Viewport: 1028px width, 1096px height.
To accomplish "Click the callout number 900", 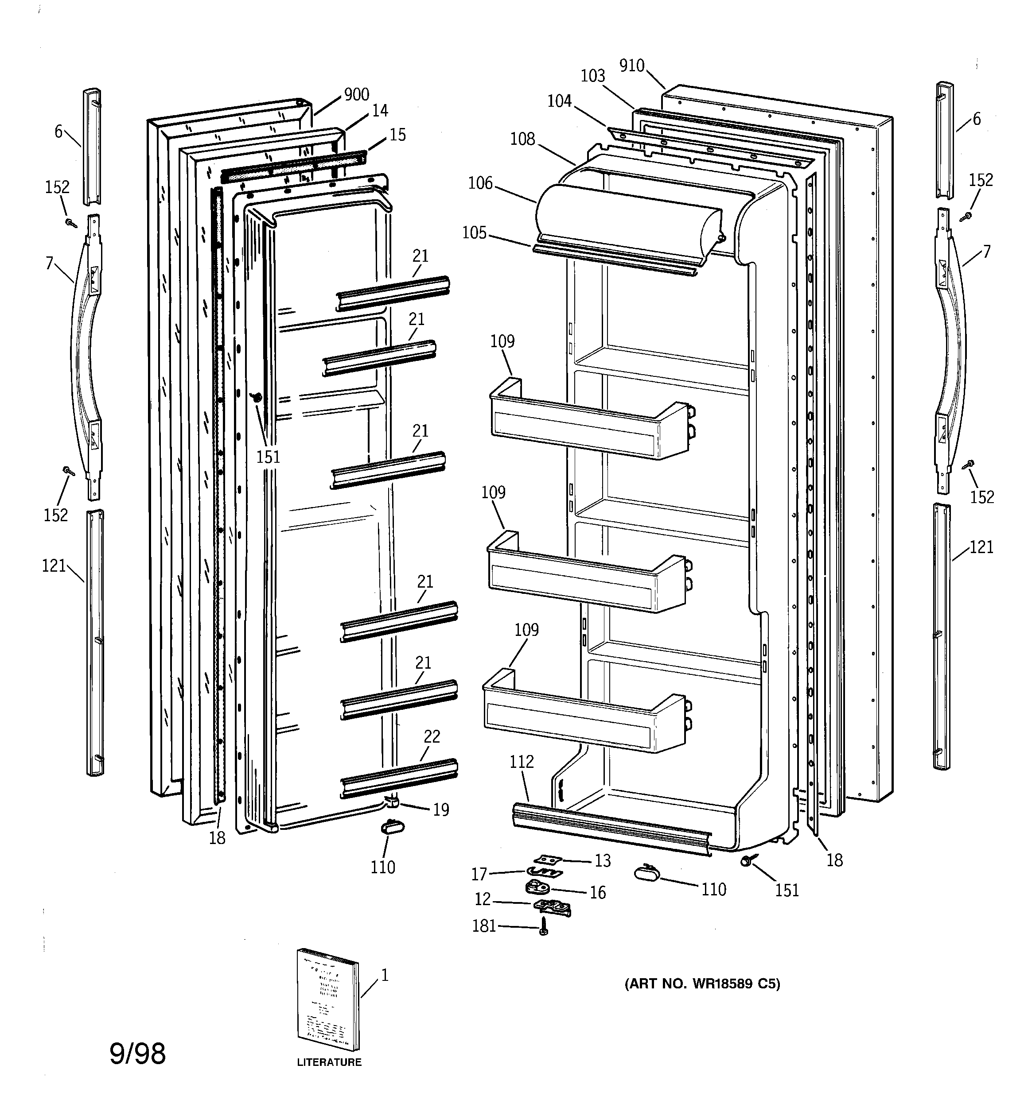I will (356, 94).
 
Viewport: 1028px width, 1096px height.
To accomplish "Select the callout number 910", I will (631, 66).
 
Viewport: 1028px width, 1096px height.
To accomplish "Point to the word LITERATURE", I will (329, 1062).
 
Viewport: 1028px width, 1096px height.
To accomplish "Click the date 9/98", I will (137, 1053).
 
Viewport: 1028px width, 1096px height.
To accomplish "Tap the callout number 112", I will (522, 762).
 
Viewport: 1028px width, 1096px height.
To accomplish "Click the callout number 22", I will (432, 736).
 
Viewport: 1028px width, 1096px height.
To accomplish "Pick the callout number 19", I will (441, 810).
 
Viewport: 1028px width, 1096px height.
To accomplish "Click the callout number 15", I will (397, 135).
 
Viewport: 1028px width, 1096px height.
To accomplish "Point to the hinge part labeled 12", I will (551, 905).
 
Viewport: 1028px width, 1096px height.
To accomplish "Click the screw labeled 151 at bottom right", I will (748, 860).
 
